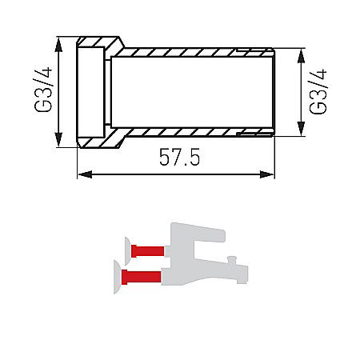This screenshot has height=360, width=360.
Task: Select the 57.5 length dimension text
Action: tap(178, 159)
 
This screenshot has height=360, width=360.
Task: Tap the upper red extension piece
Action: tap(147, 250)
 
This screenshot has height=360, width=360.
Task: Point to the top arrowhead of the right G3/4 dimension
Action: tap(302, 54)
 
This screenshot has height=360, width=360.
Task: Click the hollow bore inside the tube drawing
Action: tap(192, 91)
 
